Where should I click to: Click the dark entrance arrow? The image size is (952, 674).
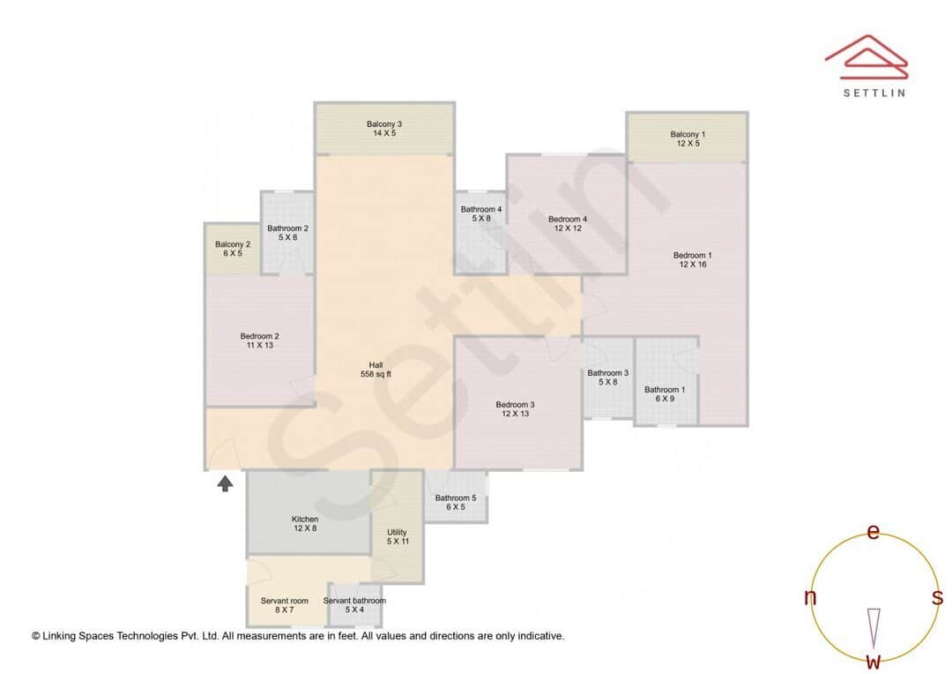click(x=226, y=483)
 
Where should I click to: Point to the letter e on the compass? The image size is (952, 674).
click(x=874, y=531)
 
